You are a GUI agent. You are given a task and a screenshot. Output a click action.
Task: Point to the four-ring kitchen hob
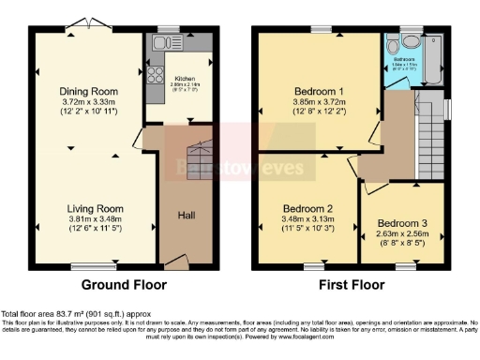click(153, 70)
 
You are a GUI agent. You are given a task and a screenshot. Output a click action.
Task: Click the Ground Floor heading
click(123, 284)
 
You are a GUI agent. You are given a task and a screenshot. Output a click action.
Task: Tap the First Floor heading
click(352, 284)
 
